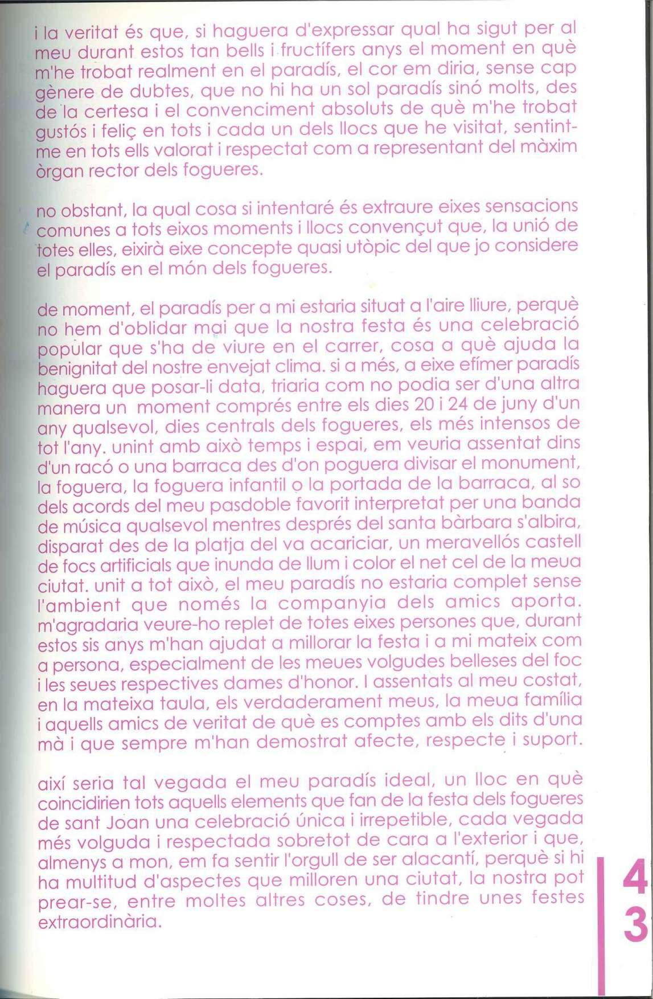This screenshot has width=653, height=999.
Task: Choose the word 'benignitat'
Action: click(x=79, y=367)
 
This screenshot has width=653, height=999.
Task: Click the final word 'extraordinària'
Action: click(x=100, y=921)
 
